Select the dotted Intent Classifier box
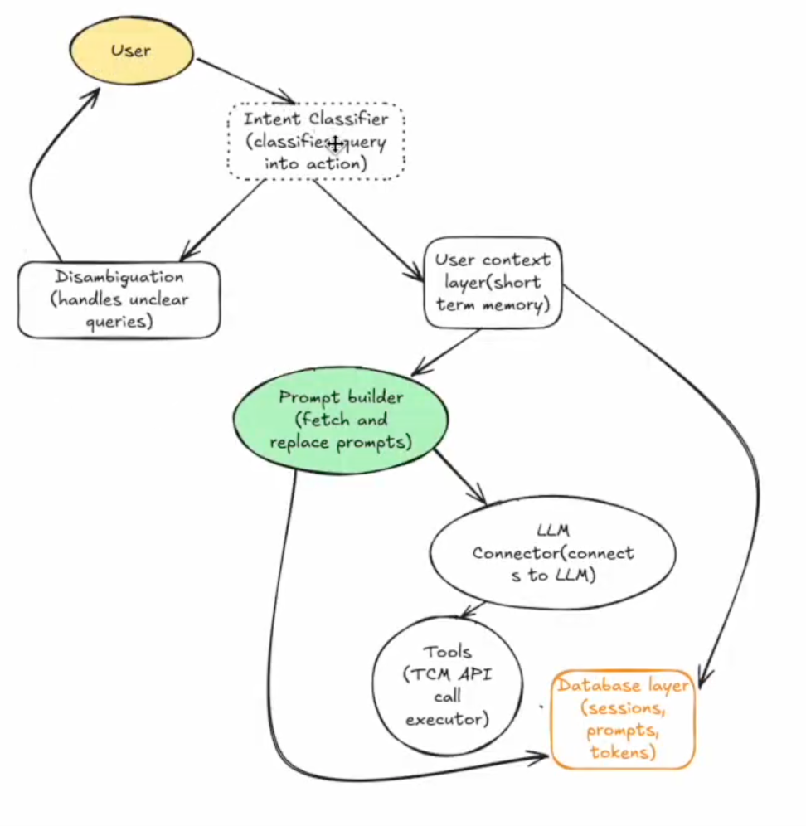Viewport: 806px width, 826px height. click(x=316, y=141)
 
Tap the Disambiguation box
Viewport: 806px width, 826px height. click(x=119, y=299)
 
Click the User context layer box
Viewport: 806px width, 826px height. click(x=493, y=282)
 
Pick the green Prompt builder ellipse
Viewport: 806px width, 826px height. click(x=342, y=420)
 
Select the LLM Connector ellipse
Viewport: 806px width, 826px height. click(x=552, y=553)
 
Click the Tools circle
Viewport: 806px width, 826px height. click(x=447, y=685)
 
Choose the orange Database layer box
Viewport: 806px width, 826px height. click(x=622, y=719)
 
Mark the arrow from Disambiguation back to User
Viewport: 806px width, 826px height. click(x=41, y=166)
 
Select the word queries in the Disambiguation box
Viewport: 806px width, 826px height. click(x=119, y=322)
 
